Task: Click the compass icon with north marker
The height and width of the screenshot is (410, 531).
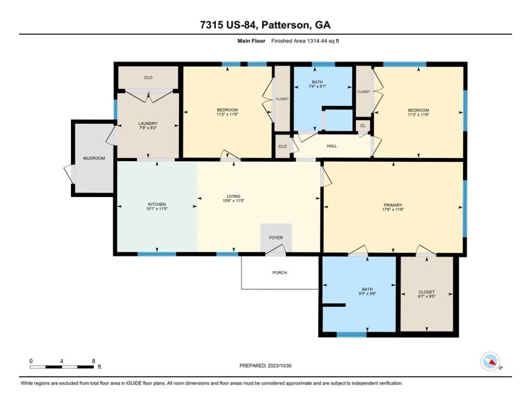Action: click(490, 361)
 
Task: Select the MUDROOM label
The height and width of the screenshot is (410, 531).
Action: click(94, 158)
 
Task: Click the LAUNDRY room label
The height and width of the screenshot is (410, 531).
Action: click(147, 123)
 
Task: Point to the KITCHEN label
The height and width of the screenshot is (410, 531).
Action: click(157, 204)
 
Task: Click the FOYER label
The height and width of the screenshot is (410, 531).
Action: click(276, 238)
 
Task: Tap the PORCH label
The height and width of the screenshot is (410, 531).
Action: click(280, 273)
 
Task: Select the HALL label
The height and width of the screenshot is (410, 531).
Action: click(332, 146)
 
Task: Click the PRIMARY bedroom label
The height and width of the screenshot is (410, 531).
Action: click(393, 205)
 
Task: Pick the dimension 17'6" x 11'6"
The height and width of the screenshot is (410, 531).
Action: click(393, 209)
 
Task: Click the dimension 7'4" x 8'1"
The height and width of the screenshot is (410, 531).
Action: click(317, 86)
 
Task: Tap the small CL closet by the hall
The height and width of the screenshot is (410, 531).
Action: click(363, 125)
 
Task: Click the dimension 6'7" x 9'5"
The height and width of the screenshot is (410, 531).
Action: click(427, 296)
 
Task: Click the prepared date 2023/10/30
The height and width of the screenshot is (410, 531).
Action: click(280, 366)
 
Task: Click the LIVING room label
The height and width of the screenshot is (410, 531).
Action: click(233, 196)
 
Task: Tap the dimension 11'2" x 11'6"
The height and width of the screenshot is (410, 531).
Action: click(227, 114)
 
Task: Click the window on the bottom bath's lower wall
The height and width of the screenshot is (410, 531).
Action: click(352, 335)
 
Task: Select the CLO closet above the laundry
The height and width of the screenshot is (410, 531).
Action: click(149, 77)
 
